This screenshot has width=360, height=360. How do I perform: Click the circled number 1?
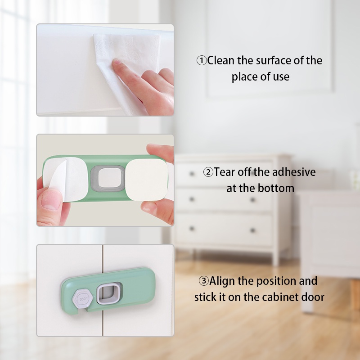click(x=202, y=61)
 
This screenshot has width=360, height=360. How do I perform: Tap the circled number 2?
click(x=208, y=172)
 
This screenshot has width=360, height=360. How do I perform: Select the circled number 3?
click(x=204, y=281)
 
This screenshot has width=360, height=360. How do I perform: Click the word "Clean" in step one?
click(x=221, y=60)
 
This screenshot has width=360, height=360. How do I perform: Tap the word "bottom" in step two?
click(x=276, y=188)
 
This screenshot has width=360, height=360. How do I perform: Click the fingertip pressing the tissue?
click(x=117, y=63)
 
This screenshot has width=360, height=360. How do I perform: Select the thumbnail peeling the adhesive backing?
click(x=51, y=199)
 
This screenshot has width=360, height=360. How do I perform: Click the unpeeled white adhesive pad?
click(x=147, y=179)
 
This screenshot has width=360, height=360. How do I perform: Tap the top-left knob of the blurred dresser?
click(x=192, y=174)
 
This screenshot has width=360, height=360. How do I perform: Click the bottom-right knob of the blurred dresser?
click(x=252, y=230)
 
